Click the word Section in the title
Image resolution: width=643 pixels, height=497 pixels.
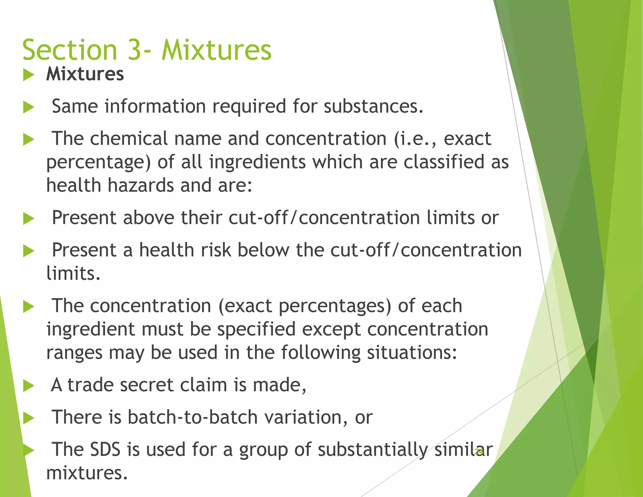pos(70,50)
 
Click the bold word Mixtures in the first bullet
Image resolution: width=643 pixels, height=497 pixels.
pos(85,74)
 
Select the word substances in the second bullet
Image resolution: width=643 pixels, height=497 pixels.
pos(374,106)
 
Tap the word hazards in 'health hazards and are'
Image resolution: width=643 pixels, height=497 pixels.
pos(141,185)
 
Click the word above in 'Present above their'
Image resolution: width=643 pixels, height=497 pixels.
pos(149,217)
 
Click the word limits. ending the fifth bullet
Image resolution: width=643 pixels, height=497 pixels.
pos(73,273)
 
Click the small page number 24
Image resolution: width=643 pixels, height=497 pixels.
pos(479,451)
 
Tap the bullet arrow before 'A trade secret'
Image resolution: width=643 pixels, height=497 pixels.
pos(29,386)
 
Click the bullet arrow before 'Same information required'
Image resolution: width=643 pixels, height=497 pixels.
pos(29,107)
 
